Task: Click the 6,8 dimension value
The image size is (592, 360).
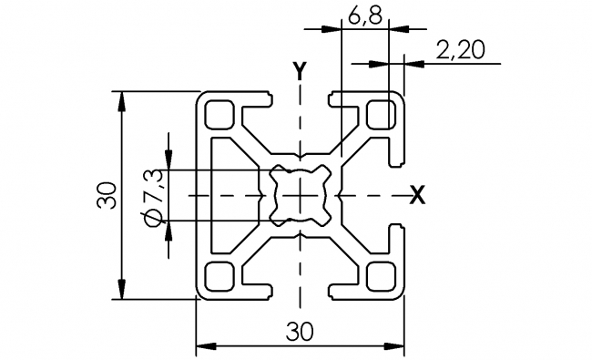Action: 364,16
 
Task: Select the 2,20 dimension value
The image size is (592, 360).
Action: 460,51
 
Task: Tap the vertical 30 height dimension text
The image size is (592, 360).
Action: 107,195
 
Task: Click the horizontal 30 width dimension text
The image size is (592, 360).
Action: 300,332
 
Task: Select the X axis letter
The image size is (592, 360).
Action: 417,194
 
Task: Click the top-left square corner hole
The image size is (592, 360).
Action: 219,114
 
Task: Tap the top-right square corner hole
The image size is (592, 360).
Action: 380,114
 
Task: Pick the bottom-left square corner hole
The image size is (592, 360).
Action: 219,275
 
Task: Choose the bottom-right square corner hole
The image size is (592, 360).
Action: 380,275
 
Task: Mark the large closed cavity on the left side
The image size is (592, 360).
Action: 232,195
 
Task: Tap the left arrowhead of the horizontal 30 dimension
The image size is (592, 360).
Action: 204,346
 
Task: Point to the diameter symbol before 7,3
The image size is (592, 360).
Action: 153,216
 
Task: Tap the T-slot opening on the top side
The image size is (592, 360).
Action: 300,97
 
